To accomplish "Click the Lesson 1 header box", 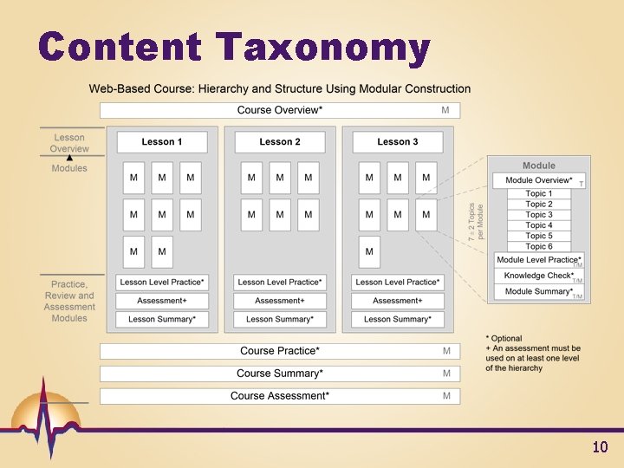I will click(162, 142).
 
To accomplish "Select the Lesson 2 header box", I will click(280, 142).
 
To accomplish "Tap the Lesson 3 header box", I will click(398, 142).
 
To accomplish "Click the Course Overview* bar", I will click(280, 110).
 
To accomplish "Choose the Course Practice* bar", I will click(280, 351).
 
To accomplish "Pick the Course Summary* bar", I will click(280, 374).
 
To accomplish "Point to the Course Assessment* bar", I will click(280, 396).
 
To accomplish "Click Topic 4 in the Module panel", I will click(538, 225).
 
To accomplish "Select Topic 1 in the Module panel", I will click(538, 193).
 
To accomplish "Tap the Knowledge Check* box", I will click(538, 276).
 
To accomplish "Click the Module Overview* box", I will click(538, 180).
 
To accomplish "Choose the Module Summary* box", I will click(538, 291).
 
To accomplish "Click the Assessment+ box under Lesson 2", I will click(280, 301).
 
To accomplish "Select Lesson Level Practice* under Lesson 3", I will click(398, 282).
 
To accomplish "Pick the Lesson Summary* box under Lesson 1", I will click(162, 319).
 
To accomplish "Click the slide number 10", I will click(600, 447).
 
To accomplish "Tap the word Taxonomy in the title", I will click(322, 49).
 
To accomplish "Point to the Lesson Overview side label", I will click(69, 143).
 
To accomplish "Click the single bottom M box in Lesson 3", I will click(369, 252).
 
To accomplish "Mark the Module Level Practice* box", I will click(538, 260).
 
